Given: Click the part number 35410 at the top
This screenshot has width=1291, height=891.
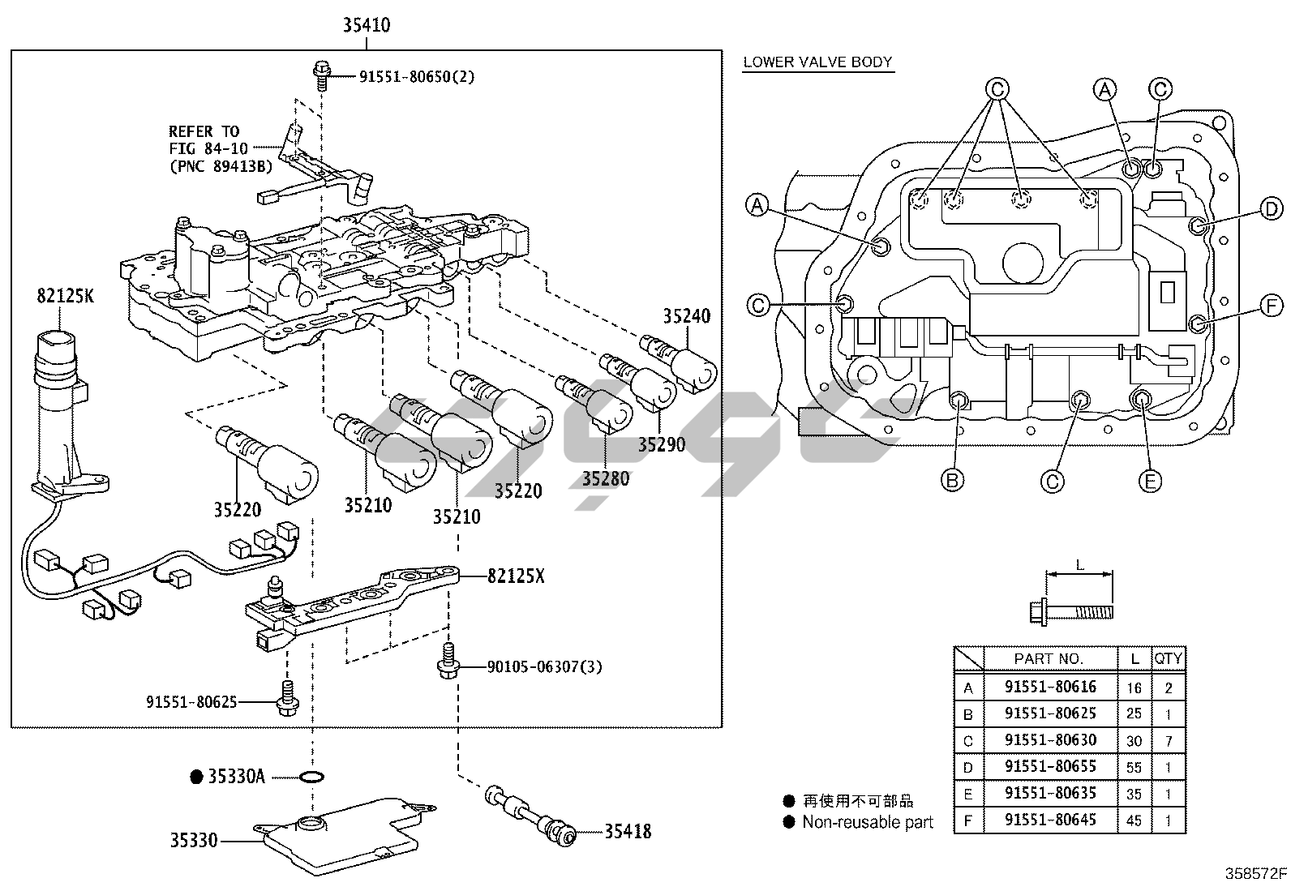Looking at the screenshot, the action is click(x=367, y=25).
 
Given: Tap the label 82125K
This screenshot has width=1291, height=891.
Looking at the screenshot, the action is click(x=65, y=296).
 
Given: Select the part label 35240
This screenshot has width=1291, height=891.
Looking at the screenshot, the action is click(x=686, y=316).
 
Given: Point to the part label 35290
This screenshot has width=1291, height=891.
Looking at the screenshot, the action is click(x=662, y=444).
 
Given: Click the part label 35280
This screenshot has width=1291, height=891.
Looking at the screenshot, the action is click(x=605, y=478).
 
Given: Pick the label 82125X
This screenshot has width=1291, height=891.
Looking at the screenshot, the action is click(x=516, y=576).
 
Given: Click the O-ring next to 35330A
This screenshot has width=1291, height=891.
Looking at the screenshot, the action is click(x=311, y=777).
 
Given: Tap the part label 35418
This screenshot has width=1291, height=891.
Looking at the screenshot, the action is click(x=628, y=832).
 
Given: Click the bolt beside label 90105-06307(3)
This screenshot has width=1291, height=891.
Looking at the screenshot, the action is click(x=448, y=661).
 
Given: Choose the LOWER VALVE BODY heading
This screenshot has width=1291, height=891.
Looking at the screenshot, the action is click(x=817, y=62).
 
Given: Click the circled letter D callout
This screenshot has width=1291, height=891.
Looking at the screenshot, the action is click(x=1271, y=209).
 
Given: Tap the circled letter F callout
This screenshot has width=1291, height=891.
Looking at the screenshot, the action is click(x=1271, y=306).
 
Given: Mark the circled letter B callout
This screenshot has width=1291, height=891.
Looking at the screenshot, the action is click(x=952, y=480).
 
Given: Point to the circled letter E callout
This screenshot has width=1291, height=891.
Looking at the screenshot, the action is click(x=1151, y=482).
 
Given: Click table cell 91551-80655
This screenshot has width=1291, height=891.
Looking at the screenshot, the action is click(x=1050, y=766).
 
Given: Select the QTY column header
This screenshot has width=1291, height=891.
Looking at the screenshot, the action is click(x=1169, y=659).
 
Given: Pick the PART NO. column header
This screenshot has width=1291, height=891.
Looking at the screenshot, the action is click(x=1049, y=659).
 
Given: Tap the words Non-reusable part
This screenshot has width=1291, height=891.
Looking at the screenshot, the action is click(x=868, y=822).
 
